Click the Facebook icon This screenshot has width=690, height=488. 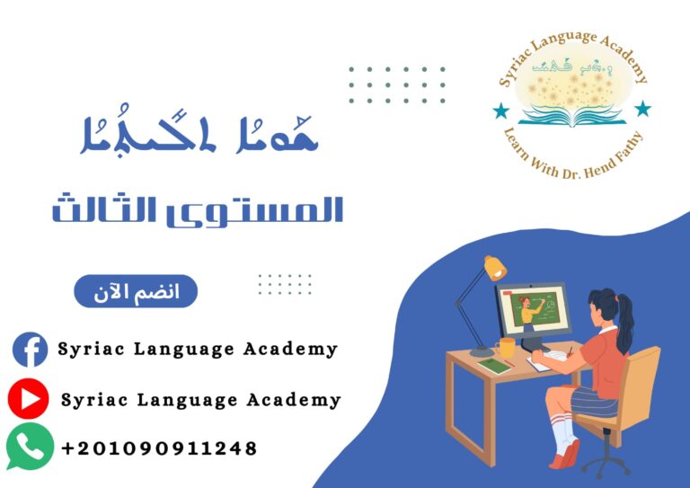[x=30, y=349]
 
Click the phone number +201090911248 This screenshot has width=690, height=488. [x=159, y=448]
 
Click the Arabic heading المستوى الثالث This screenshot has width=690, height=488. [x=198, y=209]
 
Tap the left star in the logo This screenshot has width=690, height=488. [x=500, y=111]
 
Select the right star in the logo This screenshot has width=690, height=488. [x=642, y=109]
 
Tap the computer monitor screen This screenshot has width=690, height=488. [x=533, y=309]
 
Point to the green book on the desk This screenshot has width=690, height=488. [x=494, y=366]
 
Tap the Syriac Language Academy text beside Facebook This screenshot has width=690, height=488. [x=198, y=349]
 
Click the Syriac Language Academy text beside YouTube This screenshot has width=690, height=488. [x=201, y=399]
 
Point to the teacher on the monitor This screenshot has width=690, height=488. [x=526, y=311]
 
